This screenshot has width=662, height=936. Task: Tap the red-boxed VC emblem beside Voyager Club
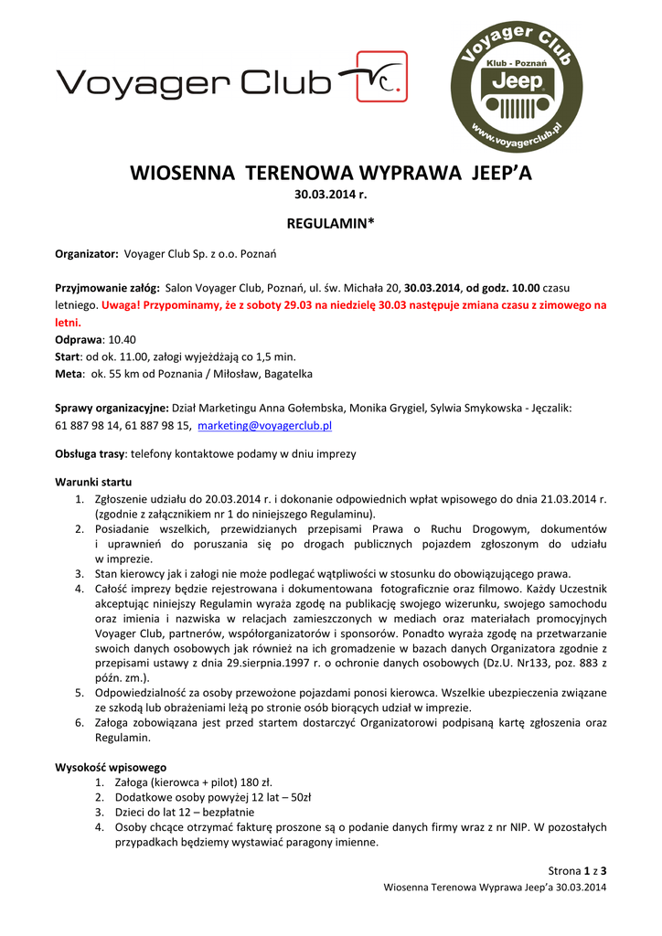pos(375,77)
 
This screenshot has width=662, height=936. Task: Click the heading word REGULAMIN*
pos(330,222)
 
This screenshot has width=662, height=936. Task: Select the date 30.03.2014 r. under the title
pos(330,194)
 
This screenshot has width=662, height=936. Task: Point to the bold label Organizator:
pos(87,253)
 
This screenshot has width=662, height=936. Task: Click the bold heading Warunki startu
pos(93,482)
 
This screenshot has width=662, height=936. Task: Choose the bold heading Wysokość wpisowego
pos(111,767)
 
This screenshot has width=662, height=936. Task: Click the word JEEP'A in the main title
pos(500,172)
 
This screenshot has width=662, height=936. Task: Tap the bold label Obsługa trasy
pos(91,453)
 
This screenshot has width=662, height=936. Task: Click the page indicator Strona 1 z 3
pos(577,869)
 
